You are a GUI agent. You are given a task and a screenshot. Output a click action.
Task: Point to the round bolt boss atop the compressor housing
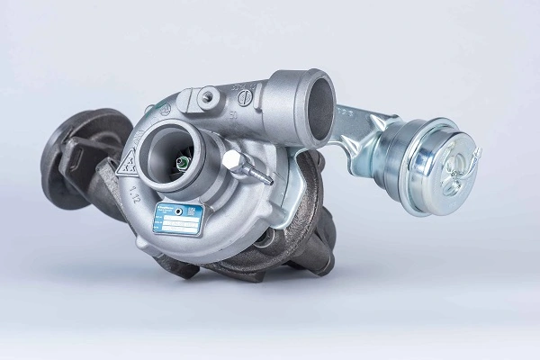click(x=209, y=94)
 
